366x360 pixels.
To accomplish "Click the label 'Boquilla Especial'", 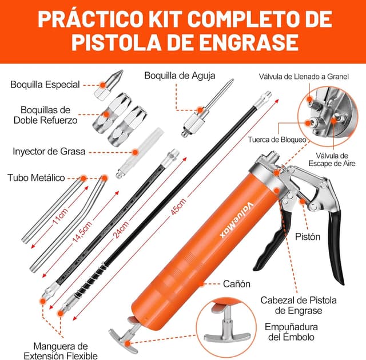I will click(x=45, y=85).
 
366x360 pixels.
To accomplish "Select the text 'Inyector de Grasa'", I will click(x=49, y=152).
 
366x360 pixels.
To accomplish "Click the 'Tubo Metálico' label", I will click(x=36, y=177).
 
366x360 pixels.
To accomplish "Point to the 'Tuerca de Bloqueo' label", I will click(x=277, y=139).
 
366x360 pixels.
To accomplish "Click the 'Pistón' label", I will click(x=308, y=235).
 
